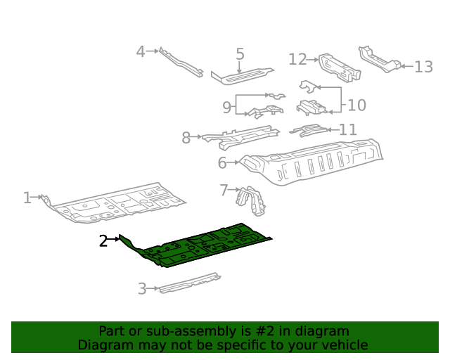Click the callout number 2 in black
coord(103,240)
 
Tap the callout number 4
coord(141,51)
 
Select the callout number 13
coord(423,67)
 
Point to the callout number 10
coord(356,105)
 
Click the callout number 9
coord(226,108)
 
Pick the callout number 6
coord(222,163)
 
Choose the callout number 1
coord(27,198)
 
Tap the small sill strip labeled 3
coord(190,283)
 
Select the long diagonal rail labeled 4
coord(181,63)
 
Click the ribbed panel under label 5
coord(242,77)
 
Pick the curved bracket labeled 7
coord(251,200)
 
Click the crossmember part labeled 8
coord(240,136)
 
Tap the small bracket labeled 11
coord(308,130)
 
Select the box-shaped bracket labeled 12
coord(340,67)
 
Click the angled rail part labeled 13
coord(379,59)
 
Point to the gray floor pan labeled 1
coord(115,202)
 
